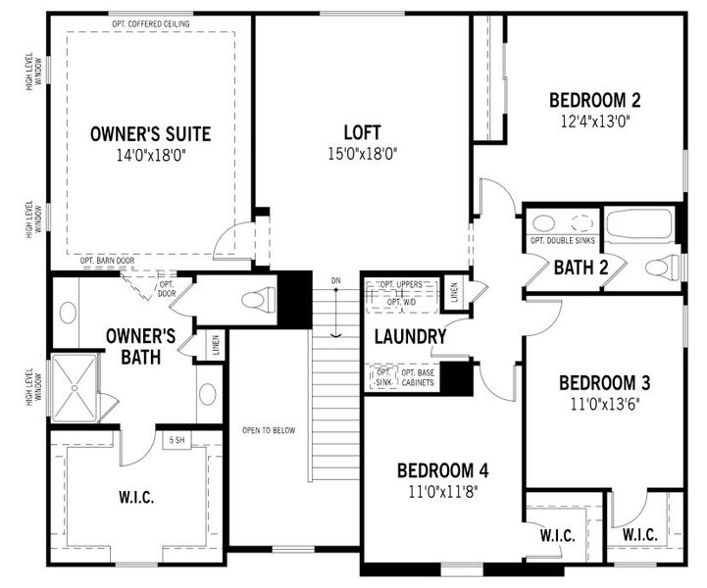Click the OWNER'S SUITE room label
[x=150, y=133]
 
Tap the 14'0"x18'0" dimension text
[x=150, y=154]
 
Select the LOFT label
[x=362, y=132]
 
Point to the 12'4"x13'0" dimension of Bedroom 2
[x=594, y=121]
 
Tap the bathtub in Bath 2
[x=638, y=224]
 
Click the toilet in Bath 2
[x=663, y=267]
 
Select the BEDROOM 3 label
[x=605, y=382]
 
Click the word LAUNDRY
[x=410, y=336]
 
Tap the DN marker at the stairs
[x=335, y=281]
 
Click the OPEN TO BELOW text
[x=268, y=430]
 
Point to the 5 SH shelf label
[x=177, y=440]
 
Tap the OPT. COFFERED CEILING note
[x=152, y=23]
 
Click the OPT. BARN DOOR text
[x=105, y=261]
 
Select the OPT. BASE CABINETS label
[x=418, y=377]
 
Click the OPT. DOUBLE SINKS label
[x=562, y=241]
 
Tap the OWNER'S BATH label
[x=140, y=346]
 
